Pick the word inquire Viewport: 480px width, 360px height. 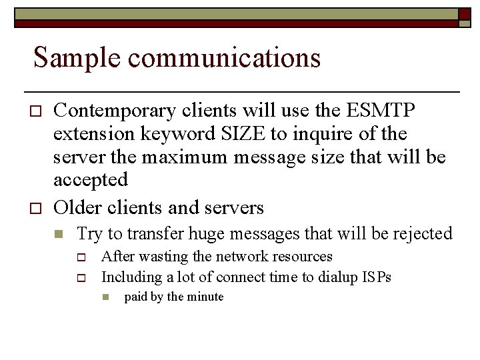[322, 134]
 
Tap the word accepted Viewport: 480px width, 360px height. [90, 180]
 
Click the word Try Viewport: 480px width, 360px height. [89, 234]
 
